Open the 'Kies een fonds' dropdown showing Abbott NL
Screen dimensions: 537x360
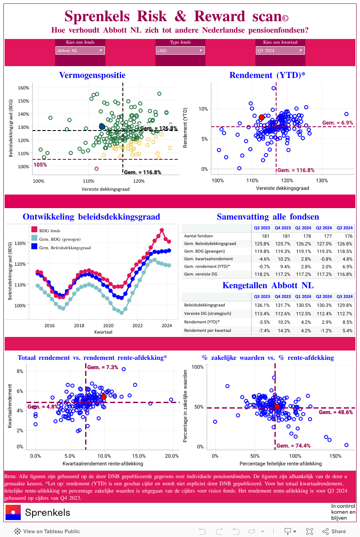point(80,51)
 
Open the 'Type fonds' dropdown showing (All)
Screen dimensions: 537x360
point(180,51)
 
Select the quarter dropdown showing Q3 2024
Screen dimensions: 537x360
point(280,51)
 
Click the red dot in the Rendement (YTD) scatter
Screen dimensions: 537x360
point(261,117)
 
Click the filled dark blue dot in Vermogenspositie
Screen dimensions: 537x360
point(102,126)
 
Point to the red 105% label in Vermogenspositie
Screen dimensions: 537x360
point(40,164)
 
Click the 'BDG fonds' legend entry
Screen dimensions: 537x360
point(50,231)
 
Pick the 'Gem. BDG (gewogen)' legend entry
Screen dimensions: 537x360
point(59,239)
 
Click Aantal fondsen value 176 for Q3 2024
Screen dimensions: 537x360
point(348,236)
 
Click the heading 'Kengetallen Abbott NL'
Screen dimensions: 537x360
point(268,285)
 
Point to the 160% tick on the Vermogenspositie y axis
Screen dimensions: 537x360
point(24,88)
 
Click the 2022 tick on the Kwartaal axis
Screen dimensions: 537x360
point(137,326)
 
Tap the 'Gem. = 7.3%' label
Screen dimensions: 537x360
point(102,367)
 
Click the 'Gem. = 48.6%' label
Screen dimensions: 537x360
point(335,412)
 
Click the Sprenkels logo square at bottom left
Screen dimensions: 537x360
point(13,512)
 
